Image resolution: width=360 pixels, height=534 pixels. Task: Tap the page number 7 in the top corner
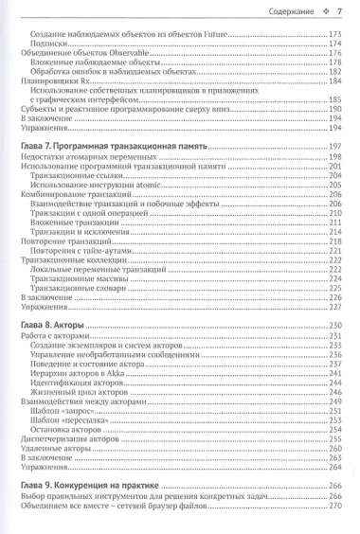click(340, 12)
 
